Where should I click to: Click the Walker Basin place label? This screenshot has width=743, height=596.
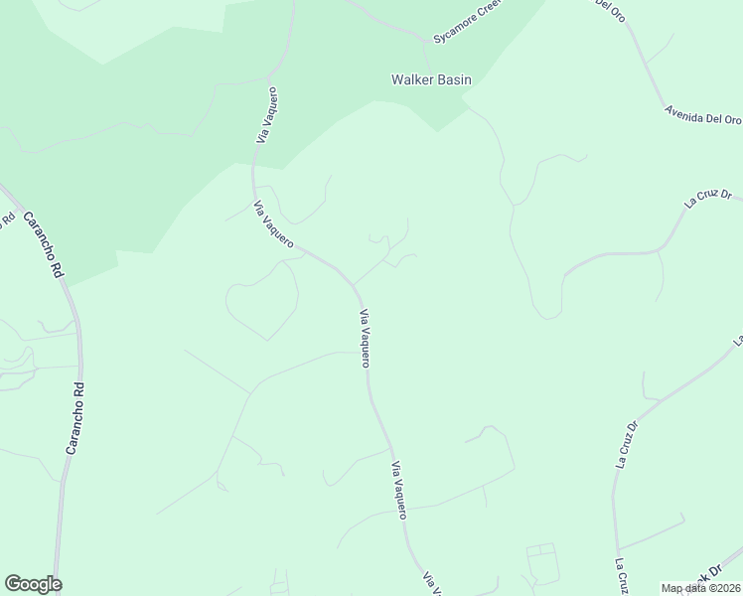coord(431,79)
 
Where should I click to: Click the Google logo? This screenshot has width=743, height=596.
coord(33,584)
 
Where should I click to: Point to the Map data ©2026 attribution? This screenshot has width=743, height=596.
coord(701,588)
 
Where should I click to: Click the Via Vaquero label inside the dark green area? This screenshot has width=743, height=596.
coord(265,115)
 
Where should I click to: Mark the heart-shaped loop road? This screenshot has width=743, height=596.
coord(262,300)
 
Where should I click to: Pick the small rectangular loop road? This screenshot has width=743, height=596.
coord(542,562)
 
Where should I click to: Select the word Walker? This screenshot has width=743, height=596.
coord(411,79)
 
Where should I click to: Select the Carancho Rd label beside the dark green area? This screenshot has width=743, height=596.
coord(43,243)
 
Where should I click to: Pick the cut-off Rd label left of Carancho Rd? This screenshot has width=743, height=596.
coord(6,219)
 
